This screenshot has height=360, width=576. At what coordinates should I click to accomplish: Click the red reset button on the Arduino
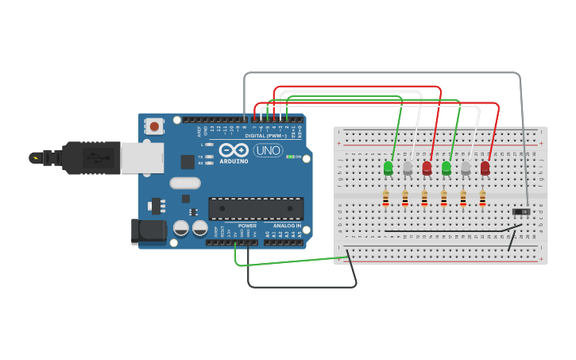(154, 126)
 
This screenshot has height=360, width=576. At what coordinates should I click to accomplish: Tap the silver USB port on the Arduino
(142, 157)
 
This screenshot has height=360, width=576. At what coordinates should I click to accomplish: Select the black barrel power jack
(148, 230)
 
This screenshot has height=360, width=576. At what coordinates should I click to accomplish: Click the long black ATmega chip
(256, 208)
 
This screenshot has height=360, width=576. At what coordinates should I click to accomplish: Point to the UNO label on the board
(268, 150)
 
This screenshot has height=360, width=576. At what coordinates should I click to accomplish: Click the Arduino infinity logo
(234, 150)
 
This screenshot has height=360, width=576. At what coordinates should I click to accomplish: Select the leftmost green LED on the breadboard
(388, 168)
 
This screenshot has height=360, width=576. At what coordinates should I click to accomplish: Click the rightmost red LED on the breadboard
(485, 168)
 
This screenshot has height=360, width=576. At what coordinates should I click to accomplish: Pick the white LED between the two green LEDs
(408, 168)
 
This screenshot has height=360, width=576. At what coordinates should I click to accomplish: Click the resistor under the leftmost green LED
(386, 199)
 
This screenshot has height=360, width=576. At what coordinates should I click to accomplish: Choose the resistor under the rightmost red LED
(482, 199)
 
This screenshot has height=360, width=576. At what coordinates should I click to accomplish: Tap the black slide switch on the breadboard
(521, 211)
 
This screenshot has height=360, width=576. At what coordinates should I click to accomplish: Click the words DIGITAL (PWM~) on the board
(266, 136)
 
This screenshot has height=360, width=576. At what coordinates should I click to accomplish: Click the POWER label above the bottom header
(247, 226)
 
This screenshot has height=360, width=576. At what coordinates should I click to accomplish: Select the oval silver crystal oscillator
(185, 183)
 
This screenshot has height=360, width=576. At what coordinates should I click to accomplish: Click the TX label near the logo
(201, 157)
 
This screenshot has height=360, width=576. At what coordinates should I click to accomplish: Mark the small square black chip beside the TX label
(187, 161)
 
